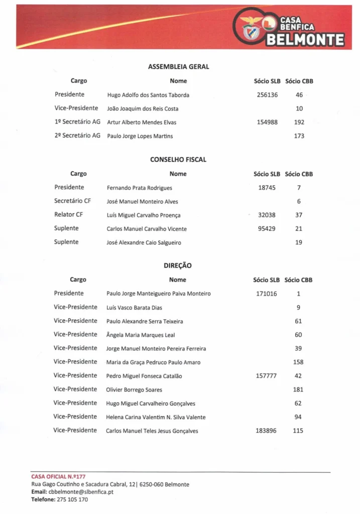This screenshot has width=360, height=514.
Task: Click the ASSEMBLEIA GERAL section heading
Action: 178,66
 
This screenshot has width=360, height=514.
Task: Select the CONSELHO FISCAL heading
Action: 178,160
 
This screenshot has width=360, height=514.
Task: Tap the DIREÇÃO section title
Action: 178,266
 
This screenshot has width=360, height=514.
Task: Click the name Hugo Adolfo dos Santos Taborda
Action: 148,95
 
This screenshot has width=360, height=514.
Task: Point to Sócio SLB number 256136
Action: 267,94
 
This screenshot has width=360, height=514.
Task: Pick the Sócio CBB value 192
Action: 299,122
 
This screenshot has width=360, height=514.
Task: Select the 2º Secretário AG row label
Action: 77,136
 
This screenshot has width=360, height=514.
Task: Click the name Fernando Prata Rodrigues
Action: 140,188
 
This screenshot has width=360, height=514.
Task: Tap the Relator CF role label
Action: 68,215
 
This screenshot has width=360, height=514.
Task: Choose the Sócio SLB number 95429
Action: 267,229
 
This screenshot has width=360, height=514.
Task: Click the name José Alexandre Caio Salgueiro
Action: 144,242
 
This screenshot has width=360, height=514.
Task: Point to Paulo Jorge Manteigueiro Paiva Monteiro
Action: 159,294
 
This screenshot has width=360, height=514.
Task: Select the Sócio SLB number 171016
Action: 267,294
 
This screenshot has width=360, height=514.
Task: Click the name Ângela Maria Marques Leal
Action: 141,335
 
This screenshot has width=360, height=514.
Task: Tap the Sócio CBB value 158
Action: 298,362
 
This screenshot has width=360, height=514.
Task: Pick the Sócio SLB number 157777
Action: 267,375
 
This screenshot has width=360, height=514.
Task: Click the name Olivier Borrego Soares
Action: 134,390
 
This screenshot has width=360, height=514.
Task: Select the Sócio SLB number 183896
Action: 267,431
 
